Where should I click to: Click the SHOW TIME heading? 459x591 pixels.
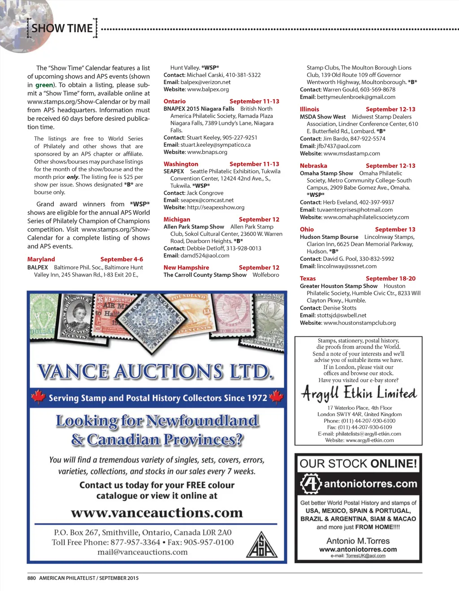(62, 28)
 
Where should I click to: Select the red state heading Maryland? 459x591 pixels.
(41, 259)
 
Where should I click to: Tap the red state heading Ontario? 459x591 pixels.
(174, 102)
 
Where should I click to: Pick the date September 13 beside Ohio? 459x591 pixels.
(395, 230)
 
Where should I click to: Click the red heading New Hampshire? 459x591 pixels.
(186, 268)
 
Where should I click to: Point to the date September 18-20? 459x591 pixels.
(390, 279)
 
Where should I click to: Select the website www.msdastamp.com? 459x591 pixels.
(352, 153)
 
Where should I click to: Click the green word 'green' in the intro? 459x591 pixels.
(44, 85)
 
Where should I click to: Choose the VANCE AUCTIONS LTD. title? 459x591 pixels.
(155, 372)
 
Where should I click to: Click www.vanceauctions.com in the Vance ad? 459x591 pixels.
(156, 513)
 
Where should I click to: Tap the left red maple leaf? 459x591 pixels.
(39, 396)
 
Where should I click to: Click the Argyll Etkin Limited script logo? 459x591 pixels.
(359, 393)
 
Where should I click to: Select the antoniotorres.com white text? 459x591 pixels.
(370, 484)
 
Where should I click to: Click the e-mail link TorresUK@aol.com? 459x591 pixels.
(365, 556)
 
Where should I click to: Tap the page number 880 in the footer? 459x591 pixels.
(31, 578)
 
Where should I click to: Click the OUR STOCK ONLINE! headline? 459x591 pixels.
(358, 463)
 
